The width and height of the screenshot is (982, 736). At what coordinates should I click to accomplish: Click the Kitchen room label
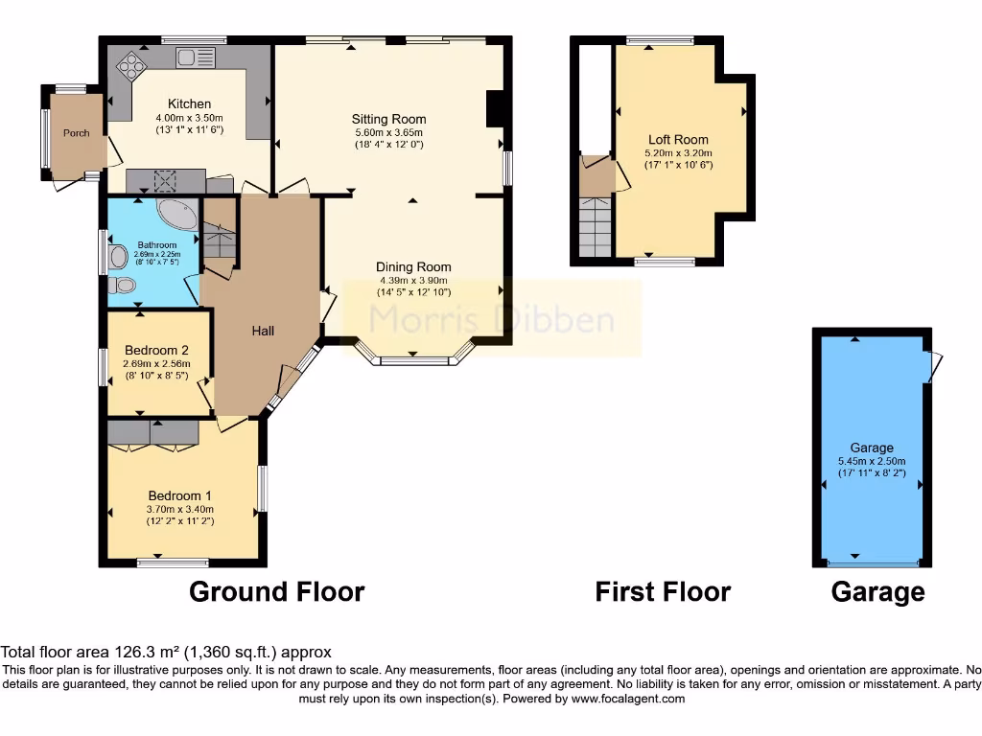[189, 103]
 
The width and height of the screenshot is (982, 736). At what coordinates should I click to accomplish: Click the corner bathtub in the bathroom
[175, 215]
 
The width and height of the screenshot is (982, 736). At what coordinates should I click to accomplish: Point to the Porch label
[77, 133]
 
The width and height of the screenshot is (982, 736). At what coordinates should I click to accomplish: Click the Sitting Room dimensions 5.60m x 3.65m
[387, 133]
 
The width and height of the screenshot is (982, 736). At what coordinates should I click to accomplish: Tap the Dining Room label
[413, 267]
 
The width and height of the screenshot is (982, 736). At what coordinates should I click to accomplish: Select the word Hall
[263, 331]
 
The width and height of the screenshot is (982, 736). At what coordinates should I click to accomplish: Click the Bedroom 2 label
[155, 350]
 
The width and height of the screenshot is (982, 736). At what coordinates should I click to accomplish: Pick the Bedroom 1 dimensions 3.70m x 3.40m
[179, 509]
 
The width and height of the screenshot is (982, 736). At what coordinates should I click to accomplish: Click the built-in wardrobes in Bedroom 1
[153, 433]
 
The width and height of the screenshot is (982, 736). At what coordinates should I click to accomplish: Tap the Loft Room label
[678, 140]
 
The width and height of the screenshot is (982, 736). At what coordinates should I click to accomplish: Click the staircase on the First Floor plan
[594, 226]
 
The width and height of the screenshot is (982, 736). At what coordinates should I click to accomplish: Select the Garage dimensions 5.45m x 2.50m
[871, 460]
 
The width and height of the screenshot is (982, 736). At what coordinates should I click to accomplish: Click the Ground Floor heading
[276, 591]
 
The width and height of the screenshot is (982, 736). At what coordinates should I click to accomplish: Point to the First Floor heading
[663, 591]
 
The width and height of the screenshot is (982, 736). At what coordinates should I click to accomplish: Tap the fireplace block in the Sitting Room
[496, 108]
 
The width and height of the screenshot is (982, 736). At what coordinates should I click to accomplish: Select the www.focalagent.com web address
[627, 699]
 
